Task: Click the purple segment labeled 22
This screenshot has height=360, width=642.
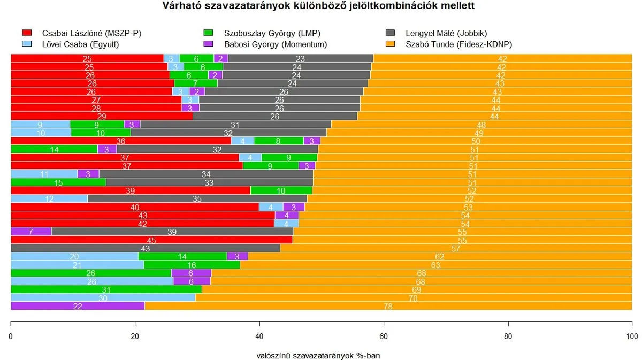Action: (78, 306)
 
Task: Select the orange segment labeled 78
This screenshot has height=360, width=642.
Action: (388, 306)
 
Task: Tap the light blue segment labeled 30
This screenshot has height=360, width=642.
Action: (103, 298)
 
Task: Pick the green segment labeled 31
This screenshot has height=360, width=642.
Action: (106, 289)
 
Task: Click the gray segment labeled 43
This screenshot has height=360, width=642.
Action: (145, 248)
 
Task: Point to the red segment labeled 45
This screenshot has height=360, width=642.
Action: (151, 240)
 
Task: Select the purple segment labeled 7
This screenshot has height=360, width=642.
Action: (31, 232)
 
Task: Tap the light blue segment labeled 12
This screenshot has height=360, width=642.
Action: (49, 198)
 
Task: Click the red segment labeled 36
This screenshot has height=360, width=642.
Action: (121, 141)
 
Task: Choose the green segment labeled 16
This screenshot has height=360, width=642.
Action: (192, 265)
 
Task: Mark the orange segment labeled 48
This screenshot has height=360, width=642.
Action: (481, 124)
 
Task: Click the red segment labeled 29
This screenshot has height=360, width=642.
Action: (102, 116)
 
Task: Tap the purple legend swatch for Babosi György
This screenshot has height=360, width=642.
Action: (209, 44)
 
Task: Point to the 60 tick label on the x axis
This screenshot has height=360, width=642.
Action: (384, 336)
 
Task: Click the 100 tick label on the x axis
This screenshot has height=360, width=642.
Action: (632, 336)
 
